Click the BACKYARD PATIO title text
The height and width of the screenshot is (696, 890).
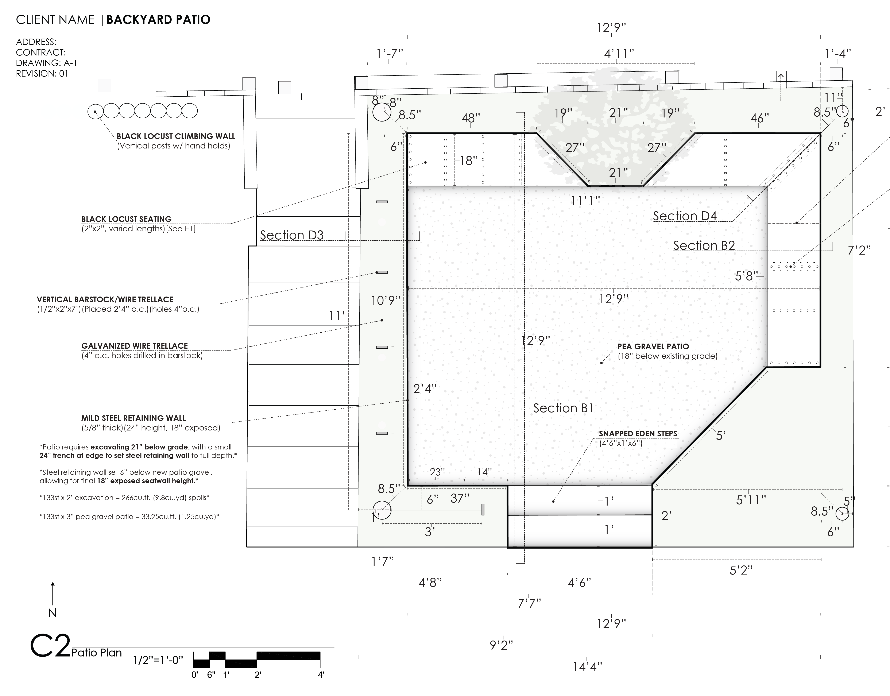pyautogui.click(x=159, y=20)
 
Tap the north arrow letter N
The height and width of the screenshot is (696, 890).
pyautogui.click(x=52, y=613)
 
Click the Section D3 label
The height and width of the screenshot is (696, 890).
pyautogui.click(x=292, y=235)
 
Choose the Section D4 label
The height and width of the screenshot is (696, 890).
pyautogui.click(x=685, y=216)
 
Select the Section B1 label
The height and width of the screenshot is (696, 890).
pyautogui.click(x=563, y=408)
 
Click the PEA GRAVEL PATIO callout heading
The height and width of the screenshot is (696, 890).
pyautogui.click(x=653, y=346)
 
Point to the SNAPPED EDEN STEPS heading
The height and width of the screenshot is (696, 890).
pyautogui.click(x=638, y=434)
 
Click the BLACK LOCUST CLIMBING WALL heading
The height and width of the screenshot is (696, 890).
pyautogui.click(x=176, y=136)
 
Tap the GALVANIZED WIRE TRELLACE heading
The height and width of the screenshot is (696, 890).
pyautogui.click(x=135, y=346)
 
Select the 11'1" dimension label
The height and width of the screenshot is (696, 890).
pyautogui.click(x=585, y=201)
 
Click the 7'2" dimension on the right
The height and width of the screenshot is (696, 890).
pyautogui.click(x=859, y=250)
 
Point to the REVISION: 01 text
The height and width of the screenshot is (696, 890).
pyautogui.click(x=42, y=74)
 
